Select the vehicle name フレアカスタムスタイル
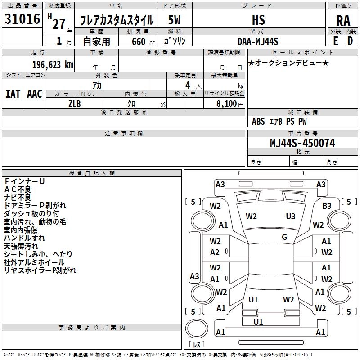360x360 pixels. click(x=117, y=20)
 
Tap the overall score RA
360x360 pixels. click(x=343, y=20)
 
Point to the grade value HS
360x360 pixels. click(x=259, y=20)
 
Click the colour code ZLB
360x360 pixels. click(x=75, y=103)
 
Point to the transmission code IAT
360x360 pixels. click(x=13, y=94)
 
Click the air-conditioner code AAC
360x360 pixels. click(x=34, y=94)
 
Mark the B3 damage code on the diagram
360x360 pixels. click(x=327, y=206)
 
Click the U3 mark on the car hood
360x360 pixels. click(x=291, y=216)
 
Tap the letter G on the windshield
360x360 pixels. click(x=284, y=237)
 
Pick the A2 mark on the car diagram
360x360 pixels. click(x=215, y=252)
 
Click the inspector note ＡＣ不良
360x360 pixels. click(x=18, y=189)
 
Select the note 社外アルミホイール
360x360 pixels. click(x=34, y=262)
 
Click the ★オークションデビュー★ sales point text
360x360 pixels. click(x=288, y=63)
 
